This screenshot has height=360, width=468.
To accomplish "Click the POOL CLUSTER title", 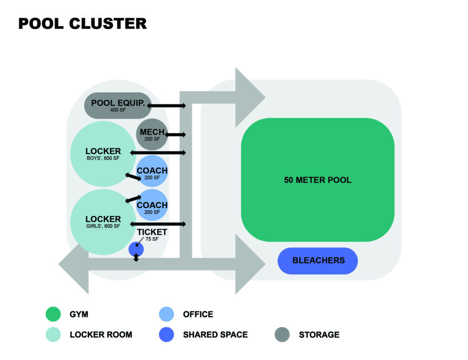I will point(82,24).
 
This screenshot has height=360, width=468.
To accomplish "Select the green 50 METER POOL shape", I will point(318,180).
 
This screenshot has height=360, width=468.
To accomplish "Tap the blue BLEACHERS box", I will point(318,261).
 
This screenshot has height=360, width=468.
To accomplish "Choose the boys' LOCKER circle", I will point(103,154).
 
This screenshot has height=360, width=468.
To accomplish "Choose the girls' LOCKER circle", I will point(103,222).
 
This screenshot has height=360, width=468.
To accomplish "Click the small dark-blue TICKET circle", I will point(136,249).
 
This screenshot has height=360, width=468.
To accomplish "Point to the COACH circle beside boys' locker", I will point(152,173).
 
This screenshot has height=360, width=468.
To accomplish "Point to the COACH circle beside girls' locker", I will point(152,207).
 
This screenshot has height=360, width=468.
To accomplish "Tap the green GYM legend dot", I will point(53,314).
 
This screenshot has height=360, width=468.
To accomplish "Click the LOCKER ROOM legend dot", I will point(53,334).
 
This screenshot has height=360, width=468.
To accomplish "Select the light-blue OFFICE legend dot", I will point(166,314).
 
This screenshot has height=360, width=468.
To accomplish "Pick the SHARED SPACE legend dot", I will point(166,334).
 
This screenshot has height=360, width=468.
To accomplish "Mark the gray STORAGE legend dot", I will point(282,334).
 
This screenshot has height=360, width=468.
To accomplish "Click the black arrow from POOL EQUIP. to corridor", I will point(166,106).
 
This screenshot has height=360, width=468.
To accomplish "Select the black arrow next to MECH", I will point(176,134).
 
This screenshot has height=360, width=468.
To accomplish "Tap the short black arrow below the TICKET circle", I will point(136,258).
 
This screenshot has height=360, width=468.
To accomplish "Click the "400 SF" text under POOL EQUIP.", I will point(118,110).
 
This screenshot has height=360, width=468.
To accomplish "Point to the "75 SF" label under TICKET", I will point(152,239).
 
